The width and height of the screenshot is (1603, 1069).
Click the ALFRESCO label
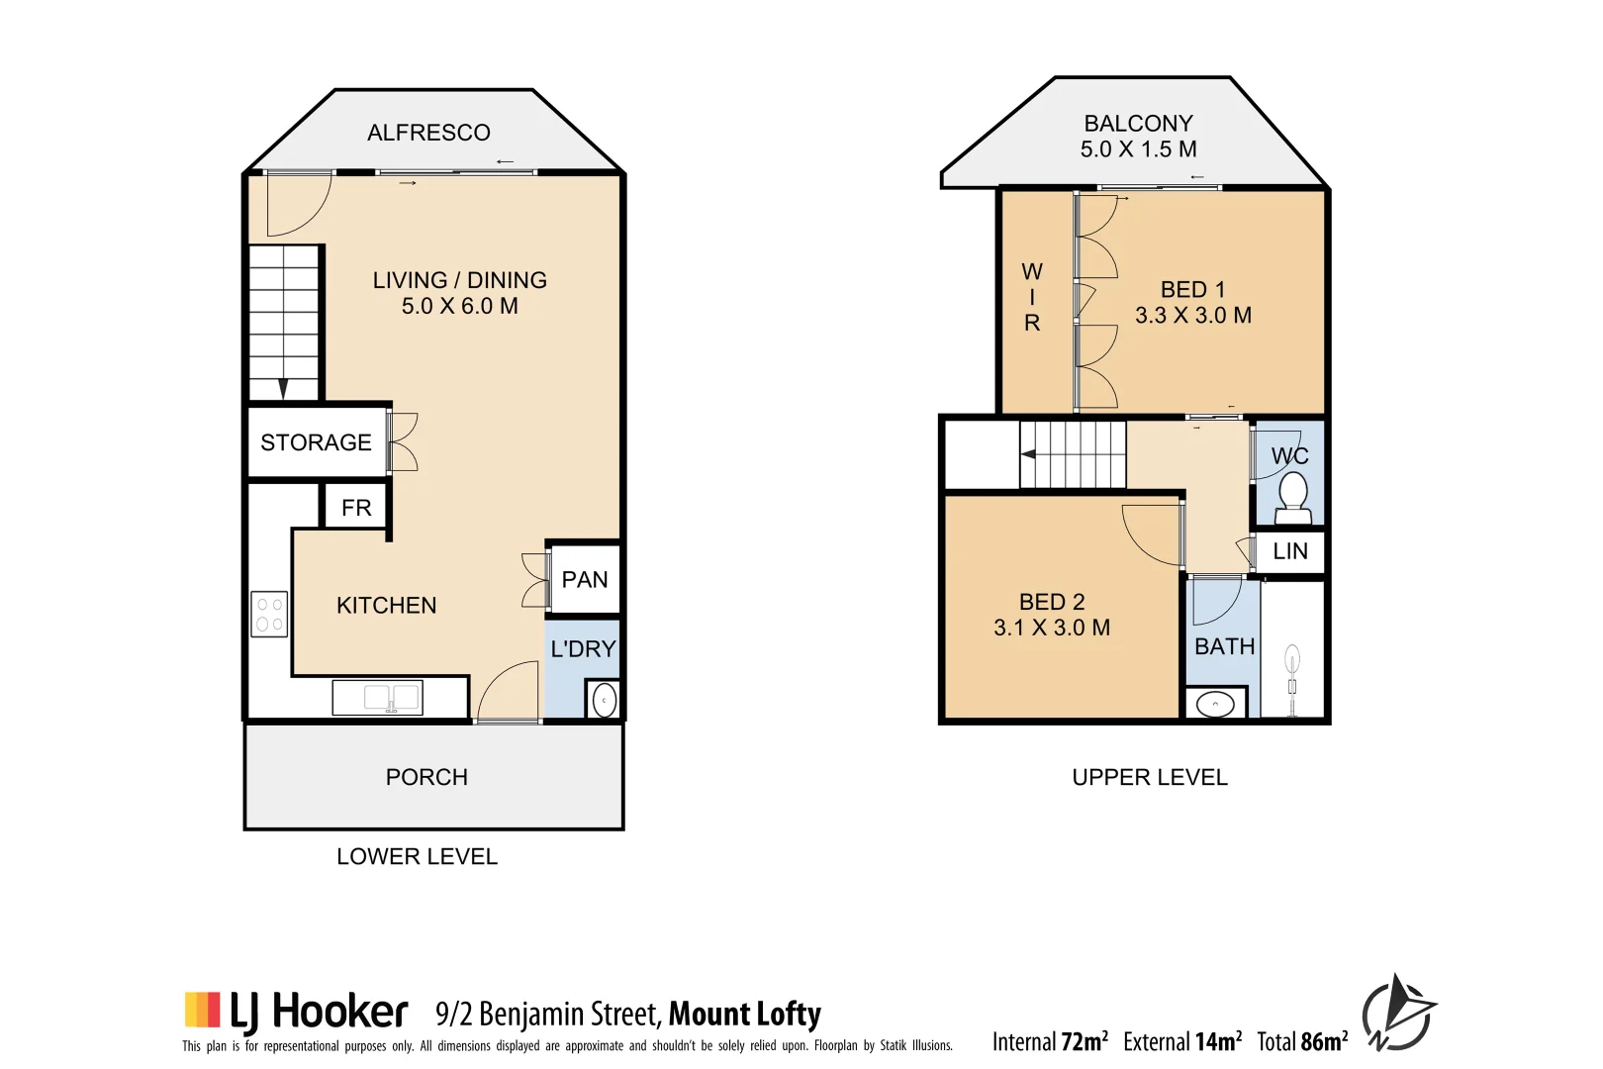click(428, 133)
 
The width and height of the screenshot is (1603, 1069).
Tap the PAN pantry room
click(584, 579)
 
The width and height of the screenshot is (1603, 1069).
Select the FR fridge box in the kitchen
click(355, 508)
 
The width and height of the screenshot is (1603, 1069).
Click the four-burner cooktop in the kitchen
click(269, 614)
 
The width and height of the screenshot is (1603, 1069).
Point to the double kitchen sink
click(378, 697)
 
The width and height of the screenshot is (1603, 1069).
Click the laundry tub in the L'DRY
click(604, 700)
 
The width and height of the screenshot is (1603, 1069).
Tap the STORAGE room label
click(316, 442)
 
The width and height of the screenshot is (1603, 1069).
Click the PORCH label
click(426, 777)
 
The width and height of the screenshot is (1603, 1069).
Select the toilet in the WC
click(1292, 495)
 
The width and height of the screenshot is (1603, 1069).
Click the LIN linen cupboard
click(1290, 551)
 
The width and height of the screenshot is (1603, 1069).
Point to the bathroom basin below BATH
click(1215, 704)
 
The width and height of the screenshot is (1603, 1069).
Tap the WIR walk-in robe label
click(1032, 297)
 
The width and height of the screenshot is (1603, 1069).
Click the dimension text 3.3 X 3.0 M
click(1192, 316)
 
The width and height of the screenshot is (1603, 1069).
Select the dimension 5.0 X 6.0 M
click(459, 307)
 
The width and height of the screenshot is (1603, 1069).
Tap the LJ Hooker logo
click(296, 1011)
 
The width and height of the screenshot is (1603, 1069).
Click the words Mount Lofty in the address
click(744, 1015)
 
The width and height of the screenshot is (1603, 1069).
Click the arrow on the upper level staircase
click(1029, 454)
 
